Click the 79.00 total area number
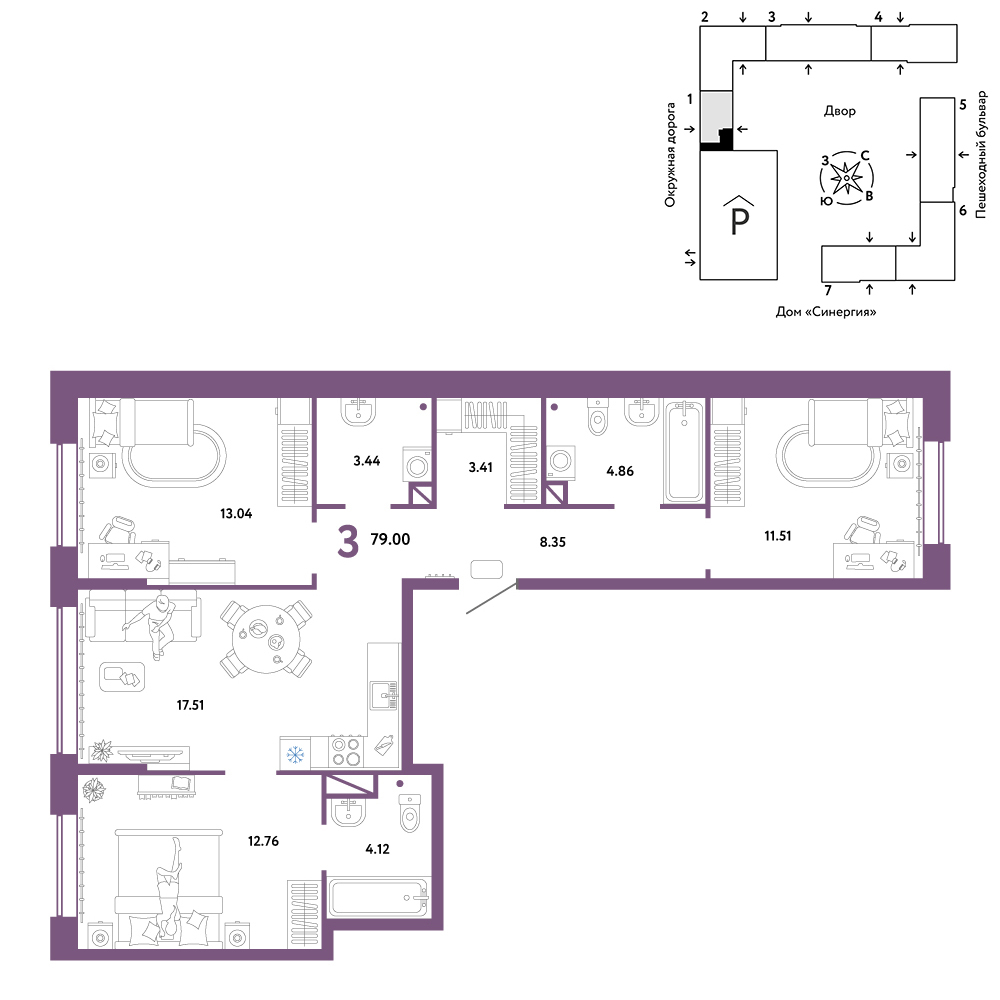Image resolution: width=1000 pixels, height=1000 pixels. coord(390,539)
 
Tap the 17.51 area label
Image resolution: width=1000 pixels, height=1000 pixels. coord(190,705)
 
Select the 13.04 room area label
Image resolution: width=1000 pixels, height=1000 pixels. coord(236,513)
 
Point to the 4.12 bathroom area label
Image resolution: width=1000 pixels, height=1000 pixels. coord(378,849)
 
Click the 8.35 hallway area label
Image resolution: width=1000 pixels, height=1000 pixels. coord(552,542)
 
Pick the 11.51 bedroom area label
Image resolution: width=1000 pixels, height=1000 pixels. coord(777,536)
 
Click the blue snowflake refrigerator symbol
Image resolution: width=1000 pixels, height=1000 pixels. coord(295,755)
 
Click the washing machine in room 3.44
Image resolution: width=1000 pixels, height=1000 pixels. coord(417,464)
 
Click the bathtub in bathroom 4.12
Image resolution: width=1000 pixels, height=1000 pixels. coord(378,898)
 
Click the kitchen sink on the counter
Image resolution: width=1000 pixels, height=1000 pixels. coord(385,695)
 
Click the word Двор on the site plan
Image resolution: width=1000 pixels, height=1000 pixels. coord(839,111)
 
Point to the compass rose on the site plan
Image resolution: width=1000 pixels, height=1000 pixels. coord(846,179)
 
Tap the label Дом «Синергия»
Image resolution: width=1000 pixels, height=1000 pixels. coord(826,312)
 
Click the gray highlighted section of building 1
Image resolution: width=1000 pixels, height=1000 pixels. coord(715,117)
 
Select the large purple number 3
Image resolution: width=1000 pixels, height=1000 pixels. coord(348,542)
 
